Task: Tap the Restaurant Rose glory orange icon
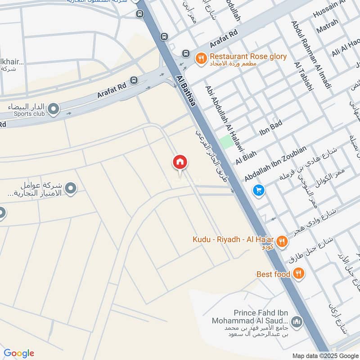201,57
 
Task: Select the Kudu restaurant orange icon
282,241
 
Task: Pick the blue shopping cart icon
258,190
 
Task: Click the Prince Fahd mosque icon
296,322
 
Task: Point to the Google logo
19,353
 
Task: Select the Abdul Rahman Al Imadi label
311,54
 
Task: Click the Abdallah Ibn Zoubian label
275,164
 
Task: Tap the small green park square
227,142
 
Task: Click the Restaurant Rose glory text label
248,57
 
